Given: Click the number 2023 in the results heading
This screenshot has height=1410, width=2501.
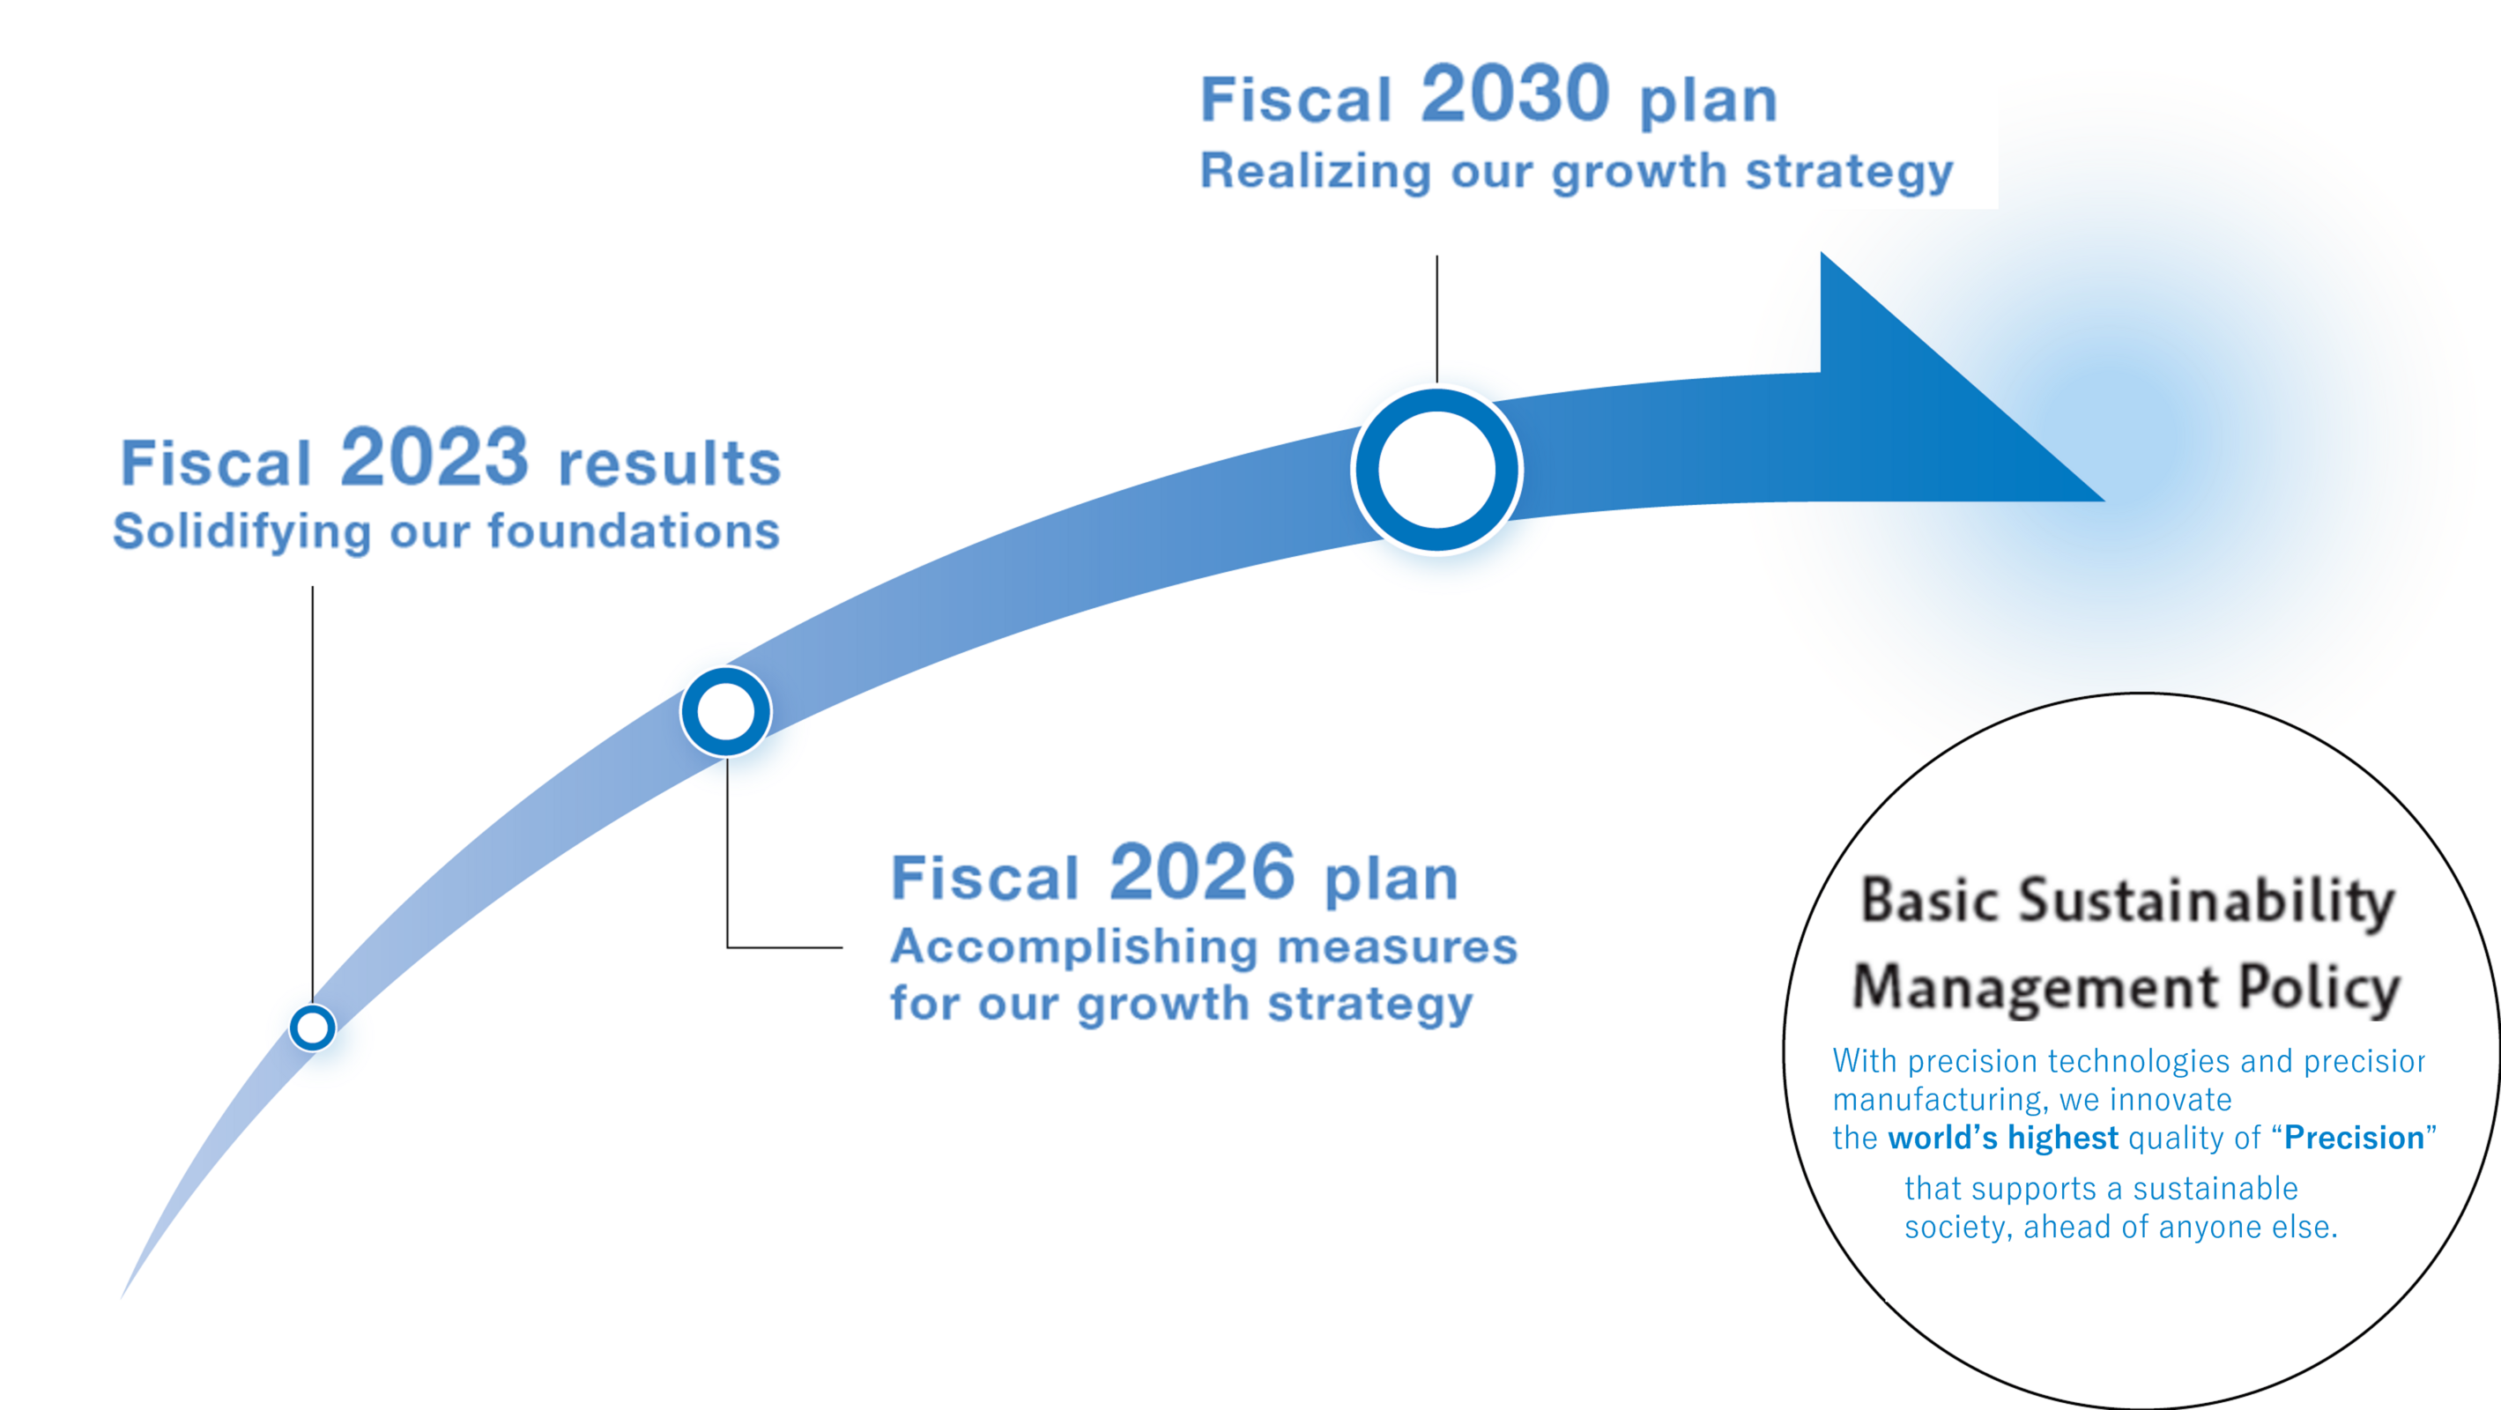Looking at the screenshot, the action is coord(434,457).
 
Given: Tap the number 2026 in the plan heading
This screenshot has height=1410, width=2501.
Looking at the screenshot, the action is coord(1202,872).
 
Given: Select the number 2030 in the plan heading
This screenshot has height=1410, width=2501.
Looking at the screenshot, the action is coord(1516,93).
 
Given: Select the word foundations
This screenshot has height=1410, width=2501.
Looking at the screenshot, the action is coord(634,531).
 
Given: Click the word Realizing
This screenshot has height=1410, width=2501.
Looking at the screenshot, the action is coord(1316,172).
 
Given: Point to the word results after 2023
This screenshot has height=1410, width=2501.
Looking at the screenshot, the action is coord(670,464).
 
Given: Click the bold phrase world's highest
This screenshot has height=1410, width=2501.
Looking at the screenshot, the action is coord(2003,1137).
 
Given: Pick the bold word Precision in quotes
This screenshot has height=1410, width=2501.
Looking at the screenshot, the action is coord(2354,1137).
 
